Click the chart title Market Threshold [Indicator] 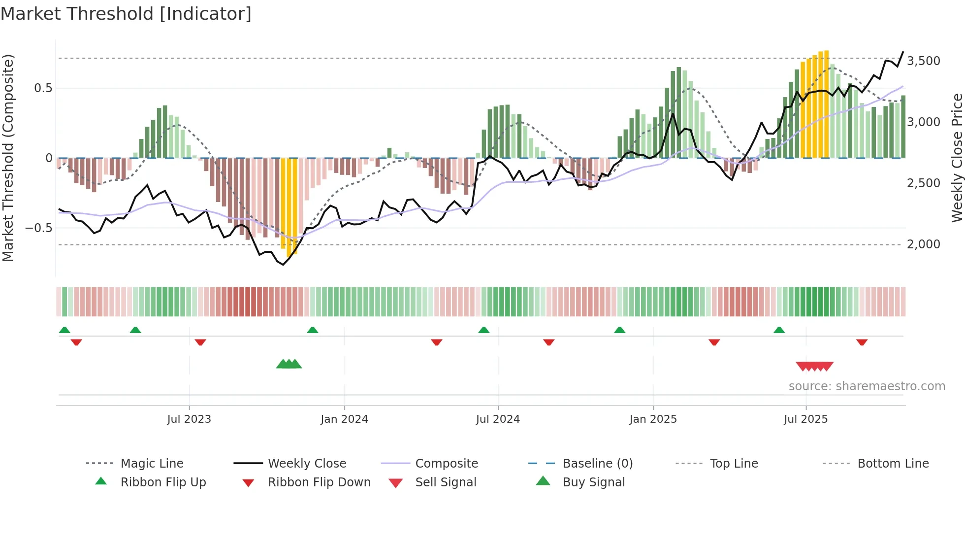(126, 14)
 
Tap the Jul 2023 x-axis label (189, 419)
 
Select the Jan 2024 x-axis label (344, 419)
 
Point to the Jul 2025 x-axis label (806, 419)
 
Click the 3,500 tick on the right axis (923, 61)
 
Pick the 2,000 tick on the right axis (923, 244)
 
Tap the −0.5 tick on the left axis (38, 228)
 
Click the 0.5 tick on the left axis (43, 88)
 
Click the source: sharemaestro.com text (867, 386)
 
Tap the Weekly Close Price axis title (957, 158)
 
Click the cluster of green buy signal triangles (289, 365)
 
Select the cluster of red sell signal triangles (814, 366)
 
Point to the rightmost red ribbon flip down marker (862, 342)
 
